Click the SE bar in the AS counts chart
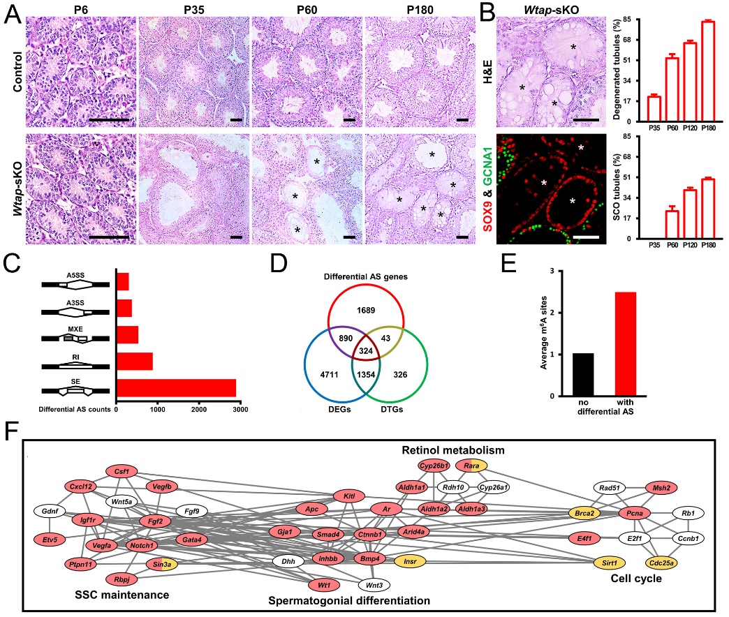coord(176,387)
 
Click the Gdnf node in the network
coord(50,511)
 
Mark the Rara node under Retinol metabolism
coord(471,464)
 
